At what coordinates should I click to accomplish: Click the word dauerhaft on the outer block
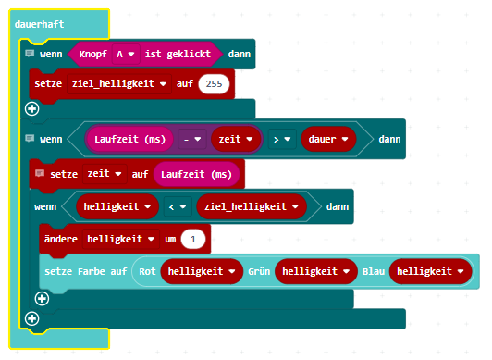pyautogui.click(x=39, y=24)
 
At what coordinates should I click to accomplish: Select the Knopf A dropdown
pyautogui.click(x=125, y=55)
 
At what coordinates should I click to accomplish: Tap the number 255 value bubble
pyautogui.click(x=214, y=84)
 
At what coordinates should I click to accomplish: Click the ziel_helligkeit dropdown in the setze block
pyautogui.click(x=119, y=84)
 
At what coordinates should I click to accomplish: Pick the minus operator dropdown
pyautogui.click(x=192, y=139)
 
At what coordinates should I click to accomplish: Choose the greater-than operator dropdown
pyautogui.click(x=282, y=139)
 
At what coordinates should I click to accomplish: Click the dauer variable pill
pyautogui.click(x=328, y=139)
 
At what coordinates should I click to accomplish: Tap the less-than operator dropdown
pyautogui.click(x=178, y=206)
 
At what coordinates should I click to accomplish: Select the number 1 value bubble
pyautogui.click(x=193, y=240)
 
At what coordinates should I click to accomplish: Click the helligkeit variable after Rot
pyautogui.click(x=202, y=271)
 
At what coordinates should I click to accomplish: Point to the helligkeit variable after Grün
pyautogui.click(x=316, y=271)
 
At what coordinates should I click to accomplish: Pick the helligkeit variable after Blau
pyautogui.click(x=431, y=271)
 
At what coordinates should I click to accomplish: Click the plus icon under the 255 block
pyautogui.click(x=32, y=109)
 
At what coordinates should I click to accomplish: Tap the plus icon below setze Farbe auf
pyautogui.click(x=42, y=299)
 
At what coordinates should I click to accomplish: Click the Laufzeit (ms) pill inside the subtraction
pyautogui.click(x=129, y=139)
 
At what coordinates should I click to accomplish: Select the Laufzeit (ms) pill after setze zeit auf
pyautogui.click(x=196, y=174)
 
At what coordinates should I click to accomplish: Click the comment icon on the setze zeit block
pyautogui.click(x=40, y=173)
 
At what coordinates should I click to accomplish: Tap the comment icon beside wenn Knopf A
pyautogui.click(x=30, y=54)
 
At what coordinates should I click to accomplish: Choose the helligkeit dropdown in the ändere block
pyautogui.click(x=121, y=240)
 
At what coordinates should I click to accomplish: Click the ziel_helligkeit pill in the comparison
pyautogui.click(x=252, y=206)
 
